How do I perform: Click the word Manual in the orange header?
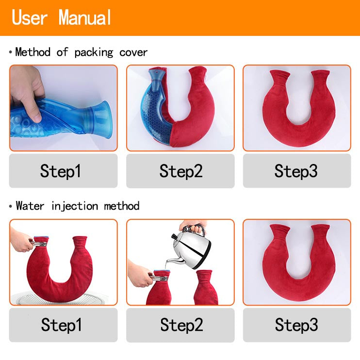pos(85,17)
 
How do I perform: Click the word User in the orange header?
pos(30,17)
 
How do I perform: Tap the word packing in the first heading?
pos(94,52)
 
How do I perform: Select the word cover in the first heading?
pos(133,52)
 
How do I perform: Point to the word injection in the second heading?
pos(74,206)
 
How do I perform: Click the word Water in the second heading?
pos(30,206)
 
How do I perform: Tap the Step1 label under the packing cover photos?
pos(60,171)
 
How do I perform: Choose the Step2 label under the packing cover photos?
pos(180,171)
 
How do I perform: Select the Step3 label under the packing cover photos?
pos(296,171)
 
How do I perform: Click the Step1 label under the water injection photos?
pos(61,325)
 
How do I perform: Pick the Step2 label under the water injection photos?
pos(181,325)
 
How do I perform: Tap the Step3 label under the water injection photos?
pos(296,325)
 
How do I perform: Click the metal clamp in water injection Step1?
pos(39,244)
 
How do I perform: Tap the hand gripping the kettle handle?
pos(194,226)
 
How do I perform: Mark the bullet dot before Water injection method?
pos(11,206)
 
